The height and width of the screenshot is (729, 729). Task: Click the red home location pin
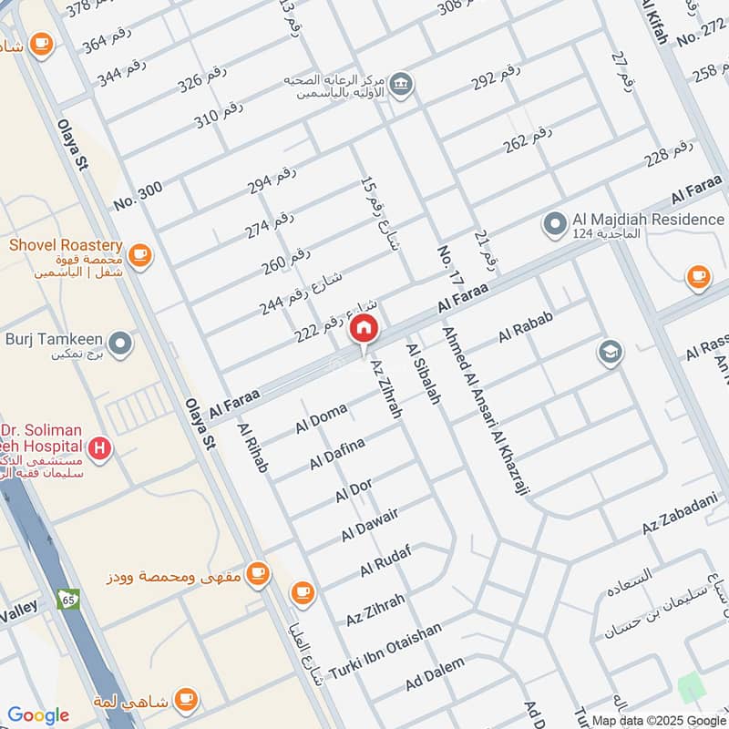[364, 330]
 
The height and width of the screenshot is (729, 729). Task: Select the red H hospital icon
[101, 447]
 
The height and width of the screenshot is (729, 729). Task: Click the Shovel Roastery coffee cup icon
[139, 255]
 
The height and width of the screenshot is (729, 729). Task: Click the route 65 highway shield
[67, 599]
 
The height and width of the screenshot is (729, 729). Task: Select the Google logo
[38, 715]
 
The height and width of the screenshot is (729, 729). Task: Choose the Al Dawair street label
[370, 525]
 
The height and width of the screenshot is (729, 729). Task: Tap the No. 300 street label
[139, 194]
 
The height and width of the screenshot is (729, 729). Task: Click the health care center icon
[400, 85]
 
